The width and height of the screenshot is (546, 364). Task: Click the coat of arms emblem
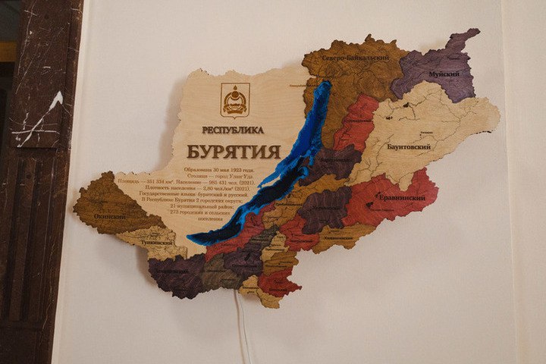[235, 100]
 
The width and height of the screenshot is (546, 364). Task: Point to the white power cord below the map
[244, 326]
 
